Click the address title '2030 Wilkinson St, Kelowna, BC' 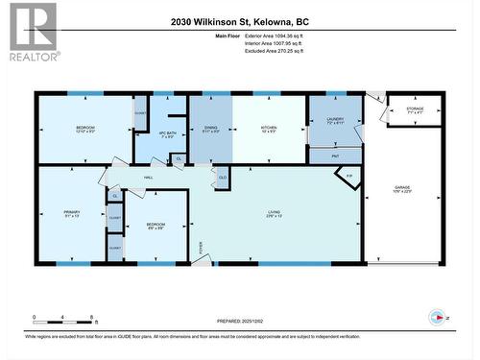click(239, 21)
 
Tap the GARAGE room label click(408, 189)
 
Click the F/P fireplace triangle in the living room click(348, 177)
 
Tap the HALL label click(149, 179)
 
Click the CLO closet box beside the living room click(223, 178)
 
